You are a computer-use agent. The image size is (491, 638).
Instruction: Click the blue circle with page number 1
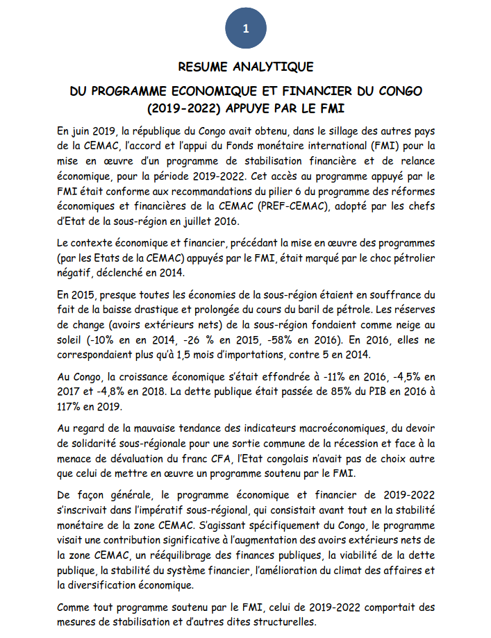point(245,28)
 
